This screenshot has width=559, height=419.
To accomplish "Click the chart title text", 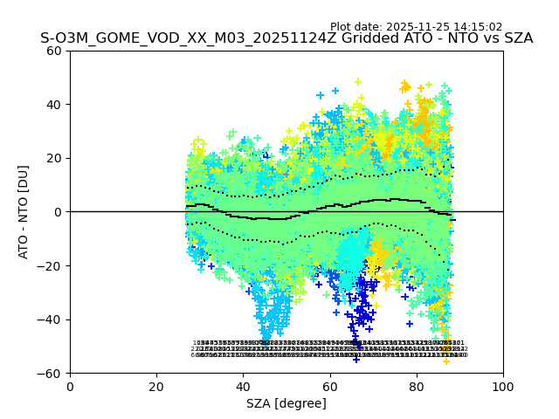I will pos(286,38).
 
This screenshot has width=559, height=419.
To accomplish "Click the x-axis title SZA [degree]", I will pos(286,403).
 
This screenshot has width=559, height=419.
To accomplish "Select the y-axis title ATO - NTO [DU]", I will pos(24,211).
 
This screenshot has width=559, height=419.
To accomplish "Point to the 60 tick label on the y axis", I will pos(54,51).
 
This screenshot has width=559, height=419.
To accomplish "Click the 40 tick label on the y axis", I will pos(54,105).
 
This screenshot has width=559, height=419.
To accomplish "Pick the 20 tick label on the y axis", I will pos(54,158).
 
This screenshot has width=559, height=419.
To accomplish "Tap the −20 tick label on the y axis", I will pos(51,266).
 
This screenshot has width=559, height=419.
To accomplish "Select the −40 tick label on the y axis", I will pos(51,319).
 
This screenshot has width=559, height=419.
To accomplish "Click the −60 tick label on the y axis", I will pos(51,374).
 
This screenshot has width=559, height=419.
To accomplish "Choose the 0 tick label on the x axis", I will pos(70,387).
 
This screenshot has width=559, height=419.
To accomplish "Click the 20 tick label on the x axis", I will pos(156,387).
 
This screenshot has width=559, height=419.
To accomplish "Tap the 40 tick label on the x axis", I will pos(243,387).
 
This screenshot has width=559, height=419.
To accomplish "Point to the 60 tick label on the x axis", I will pos(330,387).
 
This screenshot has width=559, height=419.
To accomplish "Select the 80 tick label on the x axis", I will pos(417,387).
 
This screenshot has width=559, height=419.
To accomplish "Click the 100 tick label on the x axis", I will pos(503,387).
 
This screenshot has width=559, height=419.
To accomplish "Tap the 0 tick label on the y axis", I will pos(58,212).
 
